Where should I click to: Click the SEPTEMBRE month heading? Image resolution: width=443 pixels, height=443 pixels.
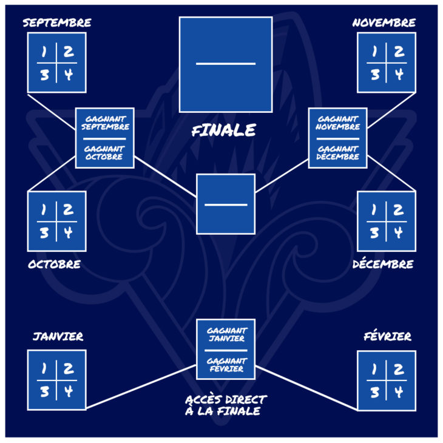pyautogui.click(x=57, y=22)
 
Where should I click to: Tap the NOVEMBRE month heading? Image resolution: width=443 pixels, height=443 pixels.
pyautogui.click(x=384, y=22)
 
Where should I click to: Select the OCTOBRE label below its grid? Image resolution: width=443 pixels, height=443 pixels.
pyautogui.click(x=54, y=264)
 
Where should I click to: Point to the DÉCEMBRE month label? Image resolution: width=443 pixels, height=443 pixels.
pyautogui.click(x=383, y=263)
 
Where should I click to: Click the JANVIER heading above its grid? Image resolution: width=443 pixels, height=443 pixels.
pyautogui.click(x=58, y=336)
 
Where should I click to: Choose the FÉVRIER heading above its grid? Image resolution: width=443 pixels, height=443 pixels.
pyautogui.click(x=387, y=336)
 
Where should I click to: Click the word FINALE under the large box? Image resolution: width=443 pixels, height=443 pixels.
pyautogui.click(x=224, y=130)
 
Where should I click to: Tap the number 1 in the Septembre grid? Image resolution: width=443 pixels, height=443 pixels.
pyautogui.click(x=44, y=52)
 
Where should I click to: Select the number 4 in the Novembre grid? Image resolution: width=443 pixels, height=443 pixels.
pyautogui.click(x=399, y=75)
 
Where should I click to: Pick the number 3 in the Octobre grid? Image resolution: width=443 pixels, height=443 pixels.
pyautogui.click(x=44, y=233)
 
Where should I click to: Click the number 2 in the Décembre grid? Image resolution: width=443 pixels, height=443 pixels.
pyautogui.click(x=398, y=209)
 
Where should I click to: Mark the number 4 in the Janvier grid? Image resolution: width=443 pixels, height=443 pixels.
pyautogui.click(x=69, y=391)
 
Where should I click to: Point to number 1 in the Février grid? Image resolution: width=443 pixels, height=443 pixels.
pyautogui.click(x=374, y=369)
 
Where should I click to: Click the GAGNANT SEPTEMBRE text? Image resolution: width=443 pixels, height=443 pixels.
pyautogui.click(x=105, y=123)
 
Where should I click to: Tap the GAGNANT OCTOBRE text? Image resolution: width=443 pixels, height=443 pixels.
pyautogui.click(x=104, y=153)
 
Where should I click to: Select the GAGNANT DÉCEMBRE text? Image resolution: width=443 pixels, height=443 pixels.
pyautogui.click(x=337, y=153)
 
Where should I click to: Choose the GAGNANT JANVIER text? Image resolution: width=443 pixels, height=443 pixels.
pyautogui.click(x=227, y=334)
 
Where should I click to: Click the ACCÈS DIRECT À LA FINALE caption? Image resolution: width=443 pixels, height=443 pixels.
pyautogui.click(x=226, y=405)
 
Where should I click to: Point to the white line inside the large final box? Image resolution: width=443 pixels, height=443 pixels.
pyautogui.click(x=226, y=64)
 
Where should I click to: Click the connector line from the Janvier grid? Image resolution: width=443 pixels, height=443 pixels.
pyautogui.click(x=141, y=387)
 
